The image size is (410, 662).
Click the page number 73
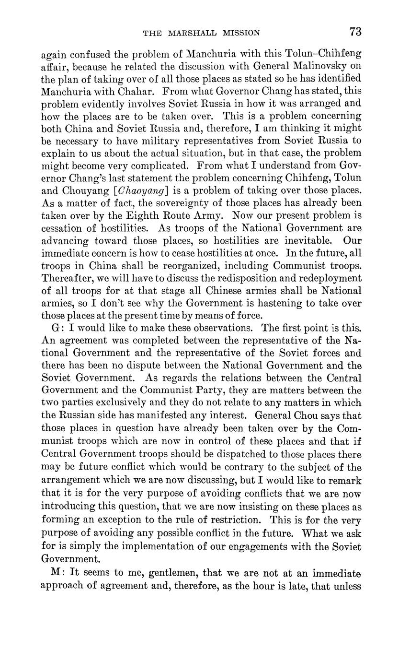pyautogui.click(x=355, y=32)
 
